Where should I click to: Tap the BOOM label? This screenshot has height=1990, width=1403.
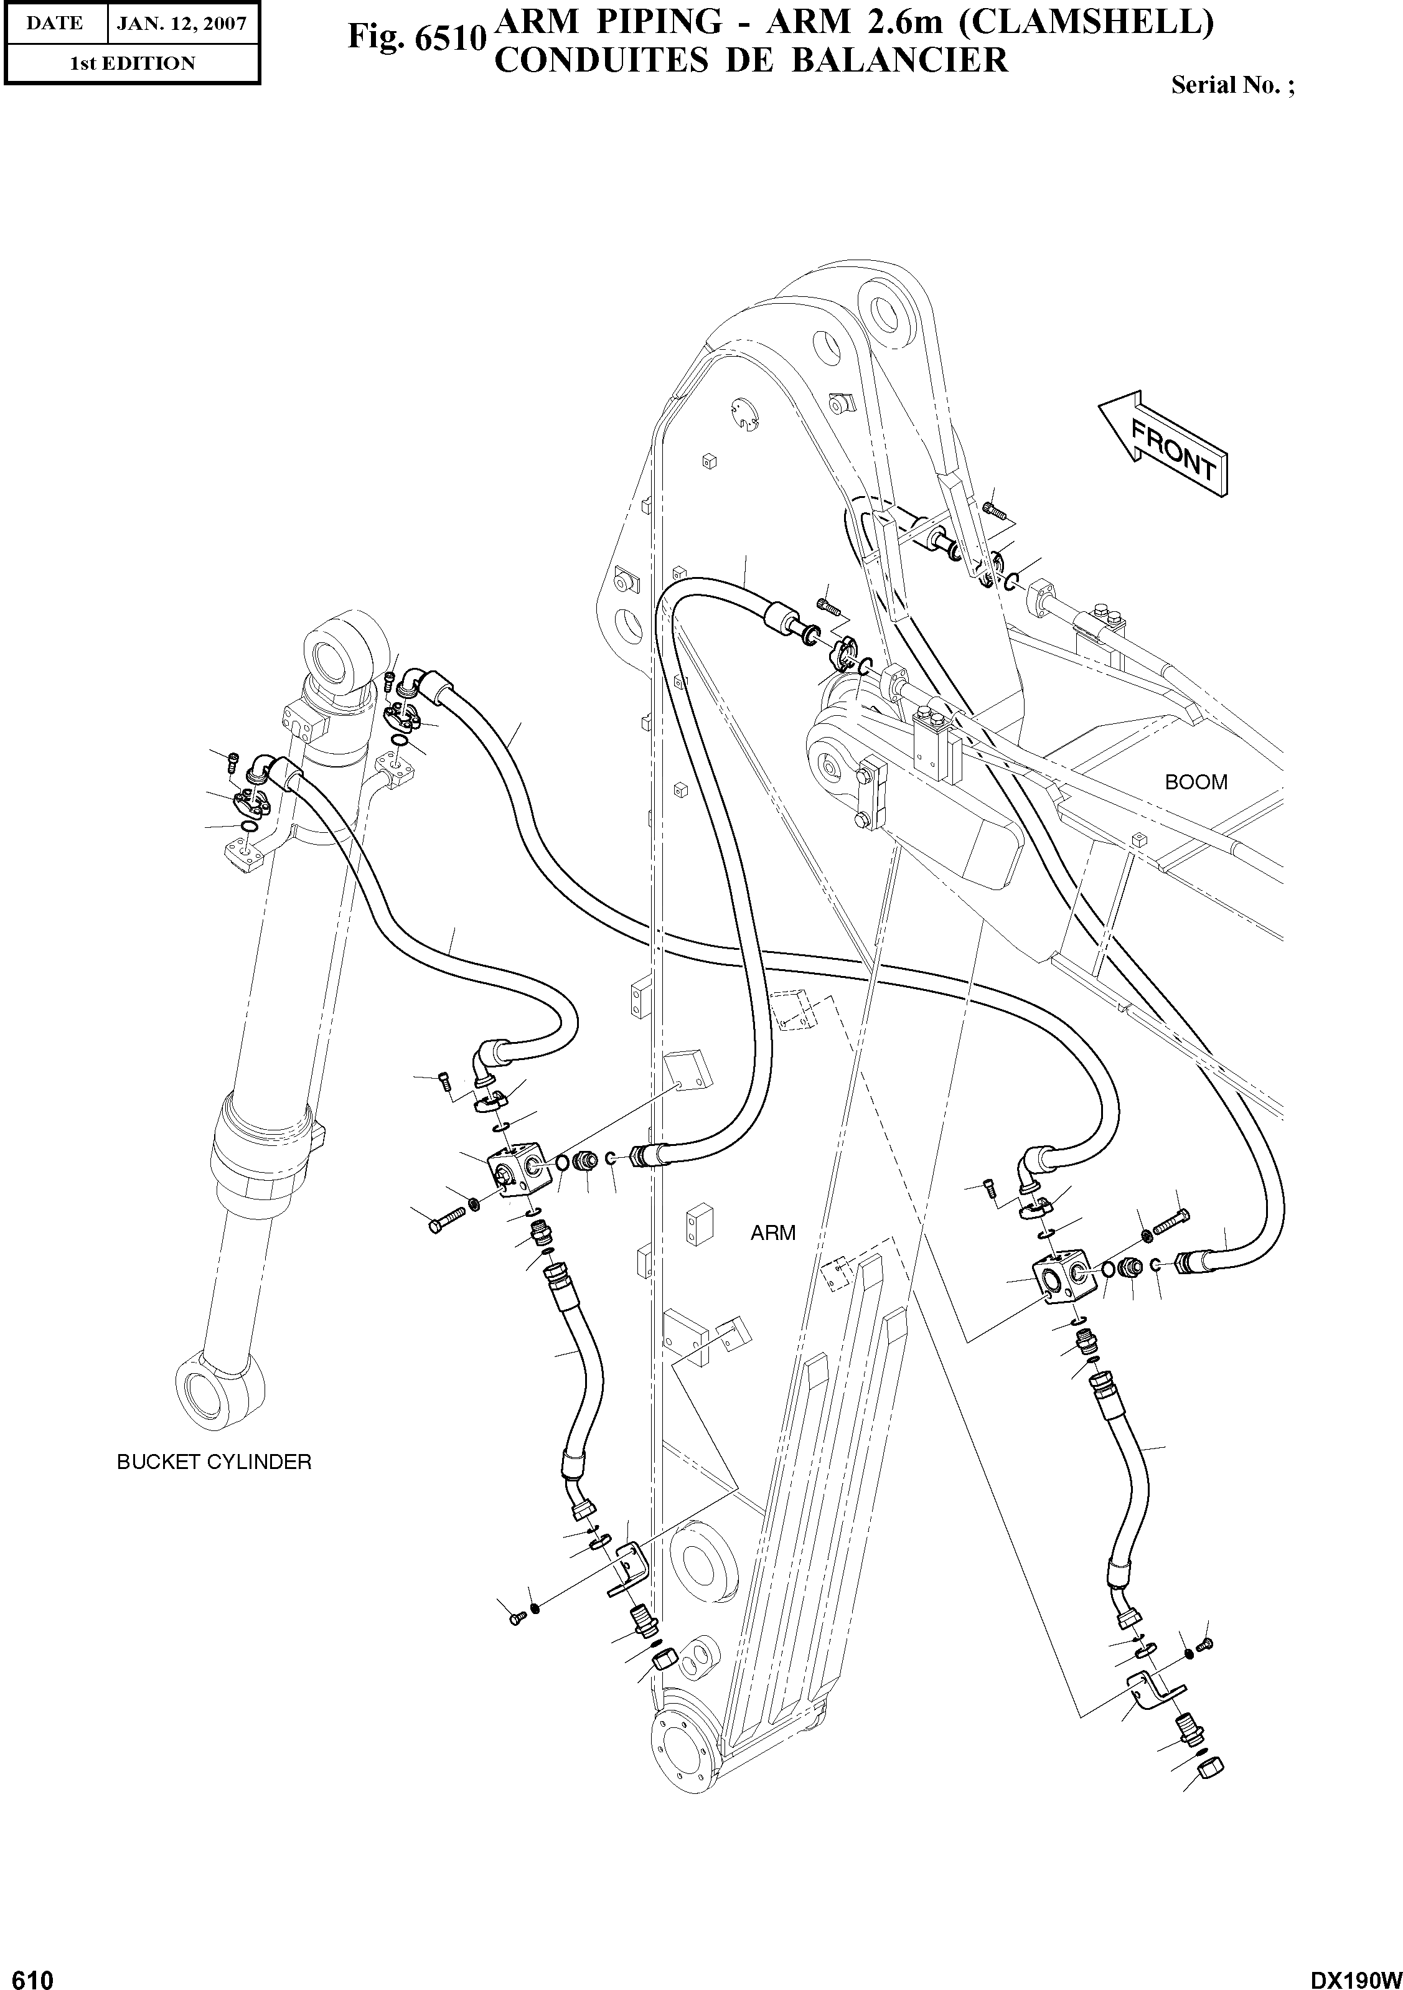(x=1196, y=782)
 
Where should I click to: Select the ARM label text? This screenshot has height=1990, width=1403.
(x=773, y=1232)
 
